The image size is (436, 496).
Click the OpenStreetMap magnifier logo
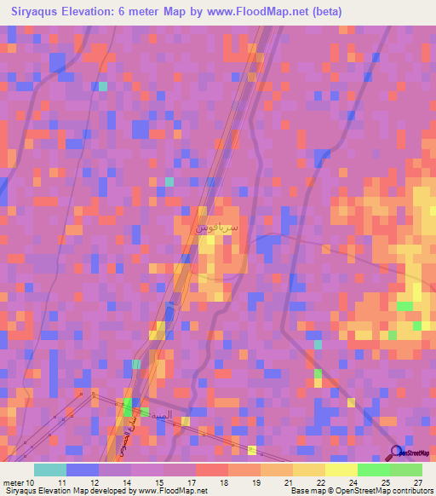396,452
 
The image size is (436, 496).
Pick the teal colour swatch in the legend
49,470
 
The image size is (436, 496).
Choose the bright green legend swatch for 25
373,470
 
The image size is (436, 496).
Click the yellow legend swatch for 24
341,470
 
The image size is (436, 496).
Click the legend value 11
61,483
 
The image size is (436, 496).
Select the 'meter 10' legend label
20,483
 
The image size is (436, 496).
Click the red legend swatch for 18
211,470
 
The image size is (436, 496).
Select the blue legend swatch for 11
82,470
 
